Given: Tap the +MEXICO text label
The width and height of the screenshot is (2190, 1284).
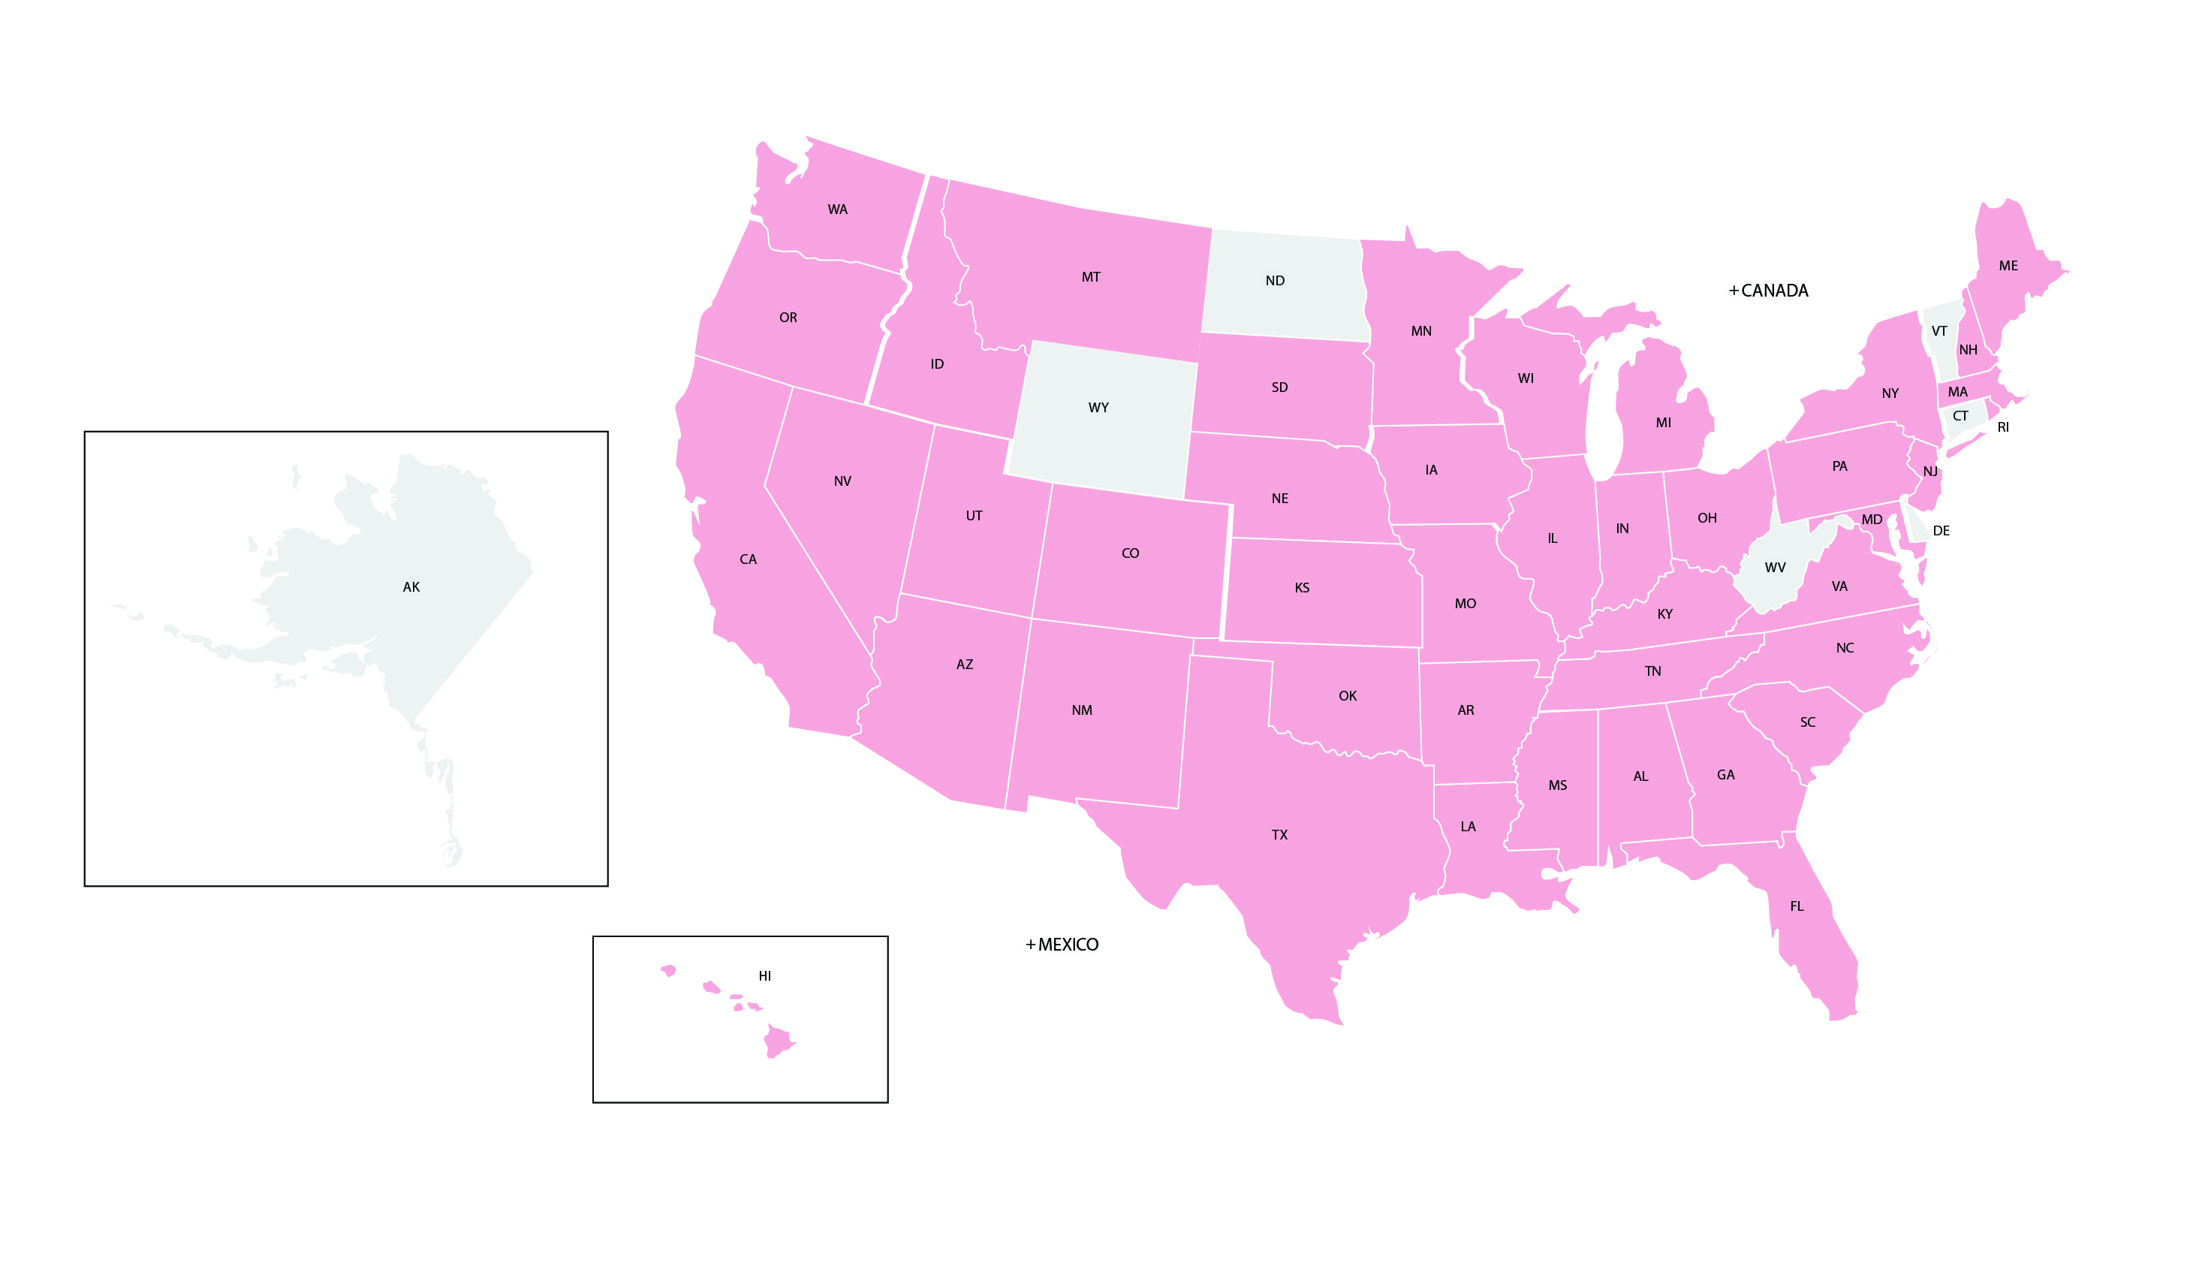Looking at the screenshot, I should point(1062,945).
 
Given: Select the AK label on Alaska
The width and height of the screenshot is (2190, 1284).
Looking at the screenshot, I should point(411,588).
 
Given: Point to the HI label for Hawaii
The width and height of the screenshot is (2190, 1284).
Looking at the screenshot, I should point(765,976).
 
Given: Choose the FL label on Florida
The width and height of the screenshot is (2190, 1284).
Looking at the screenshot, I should point(1797,907).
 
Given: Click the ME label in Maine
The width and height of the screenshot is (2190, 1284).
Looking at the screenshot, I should point(2008,266).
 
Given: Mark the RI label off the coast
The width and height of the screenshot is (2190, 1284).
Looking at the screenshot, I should point(2003,428).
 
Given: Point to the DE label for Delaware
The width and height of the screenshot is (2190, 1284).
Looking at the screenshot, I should point(1941,531).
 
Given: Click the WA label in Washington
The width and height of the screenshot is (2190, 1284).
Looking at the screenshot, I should point(837,209).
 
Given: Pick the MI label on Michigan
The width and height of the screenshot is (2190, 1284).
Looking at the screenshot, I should point(1664,423).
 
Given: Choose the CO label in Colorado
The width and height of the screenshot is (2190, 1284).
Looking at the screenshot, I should point(1130,553).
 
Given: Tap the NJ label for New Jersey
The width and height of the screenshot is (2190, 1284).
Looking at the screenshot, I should point(1930,472).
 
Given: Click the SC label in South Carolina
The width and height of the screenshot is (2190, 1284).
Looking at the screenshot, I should point(1808,722).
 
